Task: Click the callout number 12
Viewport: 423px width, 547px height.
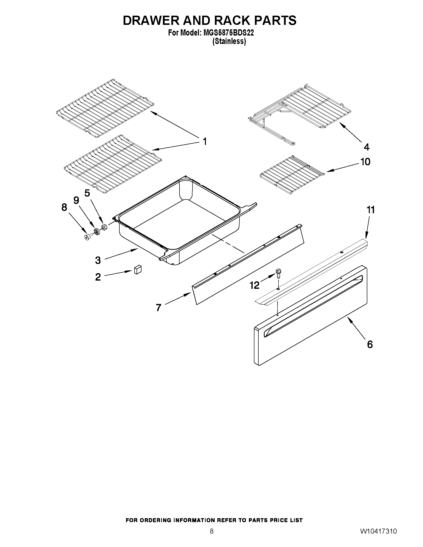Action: coord(255,285)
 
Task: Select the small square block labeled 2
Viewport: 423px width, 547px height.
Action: coord(138,270)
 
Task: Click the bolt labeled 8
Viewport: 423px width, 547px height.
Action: coord(88,237)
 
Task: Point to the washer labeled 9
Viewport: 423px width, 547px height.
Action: coord(96,231)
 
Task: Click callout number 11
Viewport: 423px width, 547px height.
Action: coord(371,210)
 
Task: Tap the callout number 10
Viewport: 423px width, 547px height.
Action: coord(365,162)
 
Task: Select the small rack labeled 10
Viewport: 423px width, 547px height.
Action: coord(292,175)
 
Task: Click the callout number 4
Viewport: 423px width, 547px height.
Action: coord(366,147)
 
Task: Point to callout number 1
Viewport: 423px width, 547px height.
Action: coord(204,142)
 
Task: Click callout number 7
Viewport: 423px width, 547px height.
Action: coord(158,308)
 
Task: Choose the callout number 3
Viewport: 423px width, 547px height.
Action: coord(98,260)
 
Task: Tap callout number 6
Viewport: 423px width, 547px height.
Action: coord(370,344)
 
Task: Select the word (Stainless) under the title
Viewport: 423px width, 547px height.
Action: coord(229,41)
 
